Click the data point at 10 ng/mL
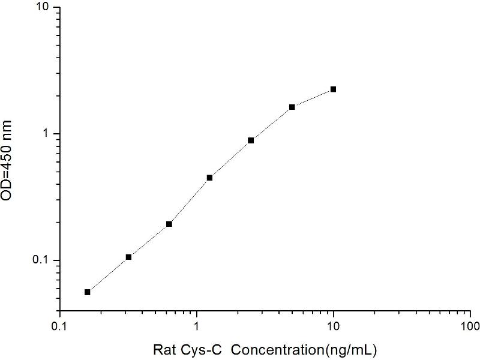click(x=333, y=89)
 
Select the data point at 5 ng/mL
click(x=292, y=107)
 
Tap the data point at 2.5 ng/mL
click(x=251, y=140)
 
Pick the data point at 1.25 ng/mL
click(x=209, y=178)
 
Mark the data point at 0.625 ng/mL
click(x=169, y=224)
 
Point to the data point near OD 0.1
click(x=128, y=257)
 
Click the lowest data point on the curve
click(x=88, y=292)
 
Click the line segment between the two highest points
click(x=313, y=98)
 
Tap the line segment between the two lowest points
click(x=108, y=275)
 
